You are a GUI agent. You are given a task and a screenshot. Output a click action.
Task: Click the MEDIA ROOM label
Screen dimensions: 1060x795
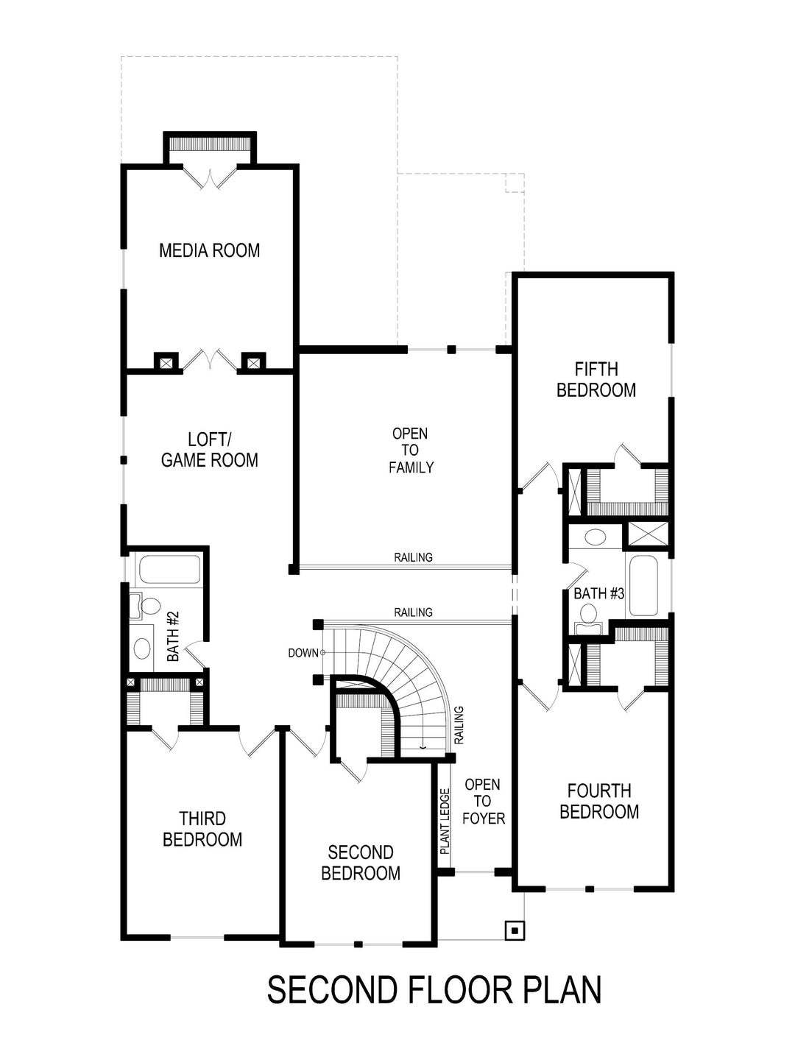pos(209,250)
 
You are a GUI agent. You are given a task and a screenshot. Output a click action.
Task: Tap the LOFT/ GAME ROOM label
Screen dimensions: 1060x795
pos(209,450)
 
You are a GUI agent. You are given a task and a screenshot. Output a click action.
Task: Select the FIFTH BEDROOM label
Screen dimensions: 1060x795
pos(596,380)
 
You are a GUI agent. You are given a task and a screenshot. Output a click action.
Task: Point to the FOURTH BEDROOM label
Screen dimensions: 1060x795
pos(599,802)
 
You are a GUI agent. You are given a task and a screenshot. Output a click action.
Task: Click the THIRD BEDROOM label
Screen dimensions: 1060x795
pos(202,829)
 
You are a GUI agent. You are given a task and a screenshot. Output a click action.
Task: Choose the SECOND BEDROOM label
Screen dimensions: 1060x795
pos(361,863)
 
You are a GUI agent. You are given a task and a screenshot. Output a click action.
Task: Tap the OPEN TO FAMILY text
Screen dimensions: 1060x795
pos(411,451)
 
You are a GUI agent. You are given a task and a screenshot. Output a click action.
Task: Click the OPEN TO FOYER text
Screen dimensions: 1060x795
pos(483,802)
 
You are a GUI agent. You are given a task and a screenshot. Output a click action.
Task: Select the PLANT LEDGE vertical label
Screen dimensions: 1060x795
pos(445,821)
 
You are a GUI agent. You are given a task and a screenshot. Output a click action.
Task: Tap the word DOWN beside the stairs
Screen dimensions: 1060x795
pos(303,653)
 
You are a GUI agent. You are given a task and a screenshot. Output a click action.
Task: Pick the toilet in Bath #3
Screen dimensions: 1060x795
pos(589,614)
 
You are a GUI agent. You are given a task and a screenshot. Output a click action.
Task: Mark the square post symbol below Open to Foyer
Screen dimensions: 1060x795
pos(515,930)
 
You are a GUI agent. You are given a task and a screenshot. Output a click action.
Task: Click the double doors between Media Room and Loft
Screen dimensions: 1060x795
pos(210,361)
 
